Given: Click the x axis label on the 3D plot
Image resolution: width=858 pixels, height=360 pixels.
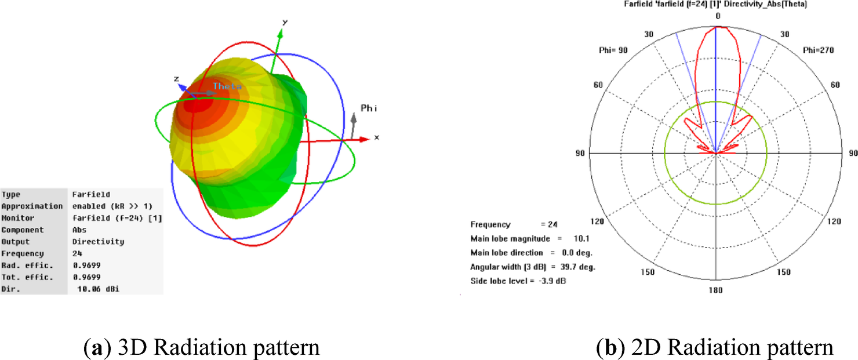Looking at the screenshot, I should coord(376,137).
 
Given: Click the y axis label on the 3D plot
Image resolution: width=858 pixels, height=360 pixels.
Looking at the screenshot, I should coord(285,21).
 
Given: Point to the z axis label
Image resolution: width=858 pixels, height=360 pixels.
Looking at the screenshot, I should coord(176,78).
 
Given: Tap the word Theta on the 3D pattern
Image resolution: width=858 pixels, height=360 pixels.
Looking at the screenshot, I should coord(226,86).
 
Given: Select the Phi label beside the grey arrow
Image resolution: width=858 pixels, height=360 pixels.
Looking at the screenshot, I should coord(369,108).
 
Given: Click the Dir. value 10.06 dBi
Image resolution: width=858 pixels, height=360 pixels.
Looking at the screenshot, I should coord(99,289).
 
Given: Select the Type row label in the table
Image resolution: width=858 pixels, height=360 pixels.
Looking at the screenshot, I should coord(10,194).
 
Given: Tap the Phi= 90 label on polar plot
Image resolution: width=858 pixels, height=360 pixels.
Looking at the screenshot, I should coord(613,50).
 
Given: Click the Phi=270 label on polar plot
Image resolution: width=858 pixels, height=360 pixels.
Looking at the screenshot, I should coord(818,50).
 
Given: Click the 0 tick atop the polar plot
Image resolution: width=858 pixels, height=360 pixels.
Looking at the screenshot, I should coord(717,16).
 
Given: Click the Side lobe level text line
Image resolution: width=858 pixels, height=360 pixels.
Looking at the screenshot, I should coord(518,281).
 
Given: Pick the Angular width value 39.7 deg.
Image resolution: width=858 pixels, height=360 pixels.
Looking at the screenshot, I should coord(574,267).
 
